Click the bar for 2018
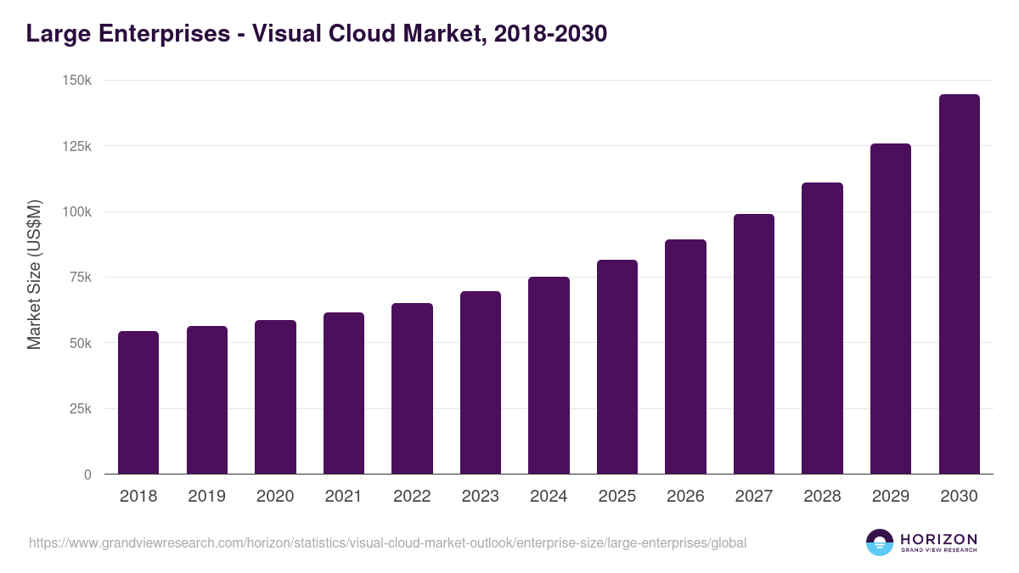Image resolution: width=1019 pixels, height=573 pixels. coord(138,402)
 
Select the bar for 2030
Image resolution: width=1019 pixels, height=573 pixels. coord(959,284)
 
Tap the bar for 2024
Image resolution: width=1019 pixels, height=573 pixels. coord(549,375)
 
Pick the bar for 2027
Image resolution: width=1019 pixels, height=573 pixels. coord(754,344)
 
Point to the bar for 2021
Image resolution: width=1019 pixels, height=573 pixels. coord(344,393)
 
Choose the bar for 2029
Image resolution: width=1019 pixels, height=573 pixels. coord(891,309)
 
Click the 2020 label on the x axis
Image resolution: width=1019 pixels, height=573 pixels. coord(275,497)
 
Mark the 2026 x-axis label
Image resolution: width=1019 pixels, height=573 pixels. coord(685,497)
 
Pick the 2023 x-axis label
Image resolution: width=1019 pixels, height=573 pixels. coord(481,497)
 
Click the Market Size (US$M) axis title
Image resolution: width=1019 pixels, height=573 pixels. coord(34,275)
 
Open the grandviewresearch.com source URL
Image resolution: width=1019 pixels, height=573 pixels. coord(387,542)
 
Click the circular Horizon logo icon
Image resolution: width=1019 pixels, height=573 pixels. coord(880,542)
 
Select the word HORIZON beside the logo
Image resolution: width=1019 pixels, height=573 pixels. coord(938,539)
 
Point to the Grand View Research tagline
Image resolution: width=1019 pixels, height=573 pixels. coord(938,551)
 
